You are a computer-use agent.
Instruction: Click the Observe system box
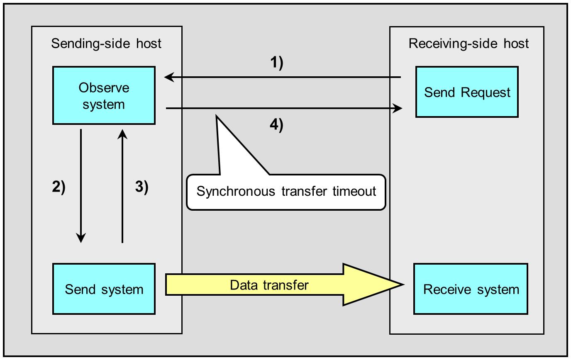[104, 95]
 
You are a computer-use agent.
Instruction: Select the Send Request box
[467, 92]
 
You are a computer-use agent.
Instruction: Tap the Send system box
[104, 289]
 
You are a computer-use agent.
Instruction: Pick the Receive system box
[471, 289]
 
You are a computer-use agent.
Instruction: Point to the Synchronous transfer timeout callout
[286, 192]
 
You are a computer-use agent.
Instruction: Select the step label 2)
[59, 187]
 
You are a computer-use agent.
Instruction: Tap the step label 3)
[142, 187]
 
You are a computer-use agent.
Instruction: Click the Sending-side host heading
[106, 43]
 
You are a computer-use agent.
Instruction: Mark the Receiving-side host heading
[469, 43]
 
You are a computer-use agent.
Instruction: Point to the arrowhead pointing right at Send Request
[398, 109]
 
